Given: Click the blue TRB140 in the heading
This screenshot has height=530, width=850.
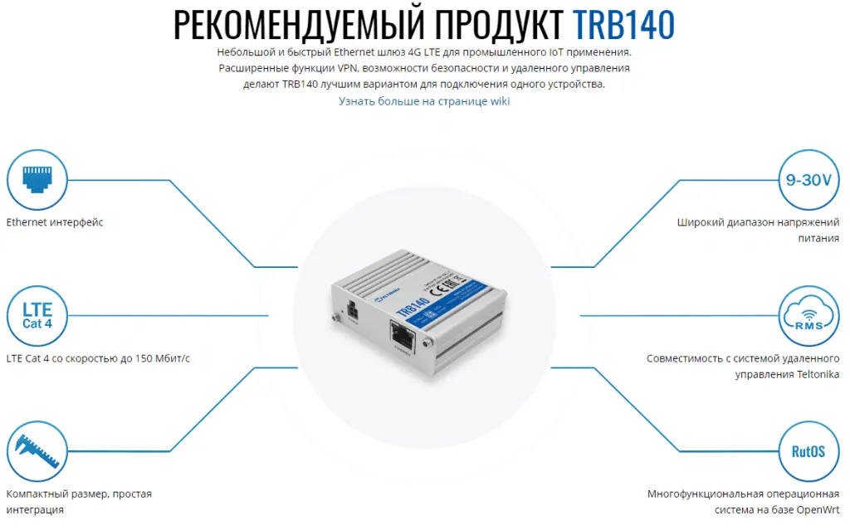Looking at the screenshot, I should pyautogui.click(x=623, y=25).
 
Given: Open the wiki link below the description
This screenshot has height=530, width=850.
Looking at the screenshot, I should pyautogui.click(x=424, y=101).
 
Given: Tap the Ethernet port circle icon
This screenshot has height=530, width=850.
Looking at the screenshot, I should pyautogui.click(x=36, y=178).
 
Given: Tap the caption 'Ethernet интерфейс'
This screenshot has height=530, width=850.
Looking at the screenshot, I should pyautogui.click(x=55, y=222).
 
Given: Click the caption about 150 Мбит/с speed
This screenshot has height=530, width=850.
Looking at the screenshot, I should pyautogui.click(x=98, y=358).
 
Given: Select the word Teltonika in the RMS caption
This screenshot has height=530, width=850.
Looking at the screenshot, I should pyautogui.click(x=803, y=374).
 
